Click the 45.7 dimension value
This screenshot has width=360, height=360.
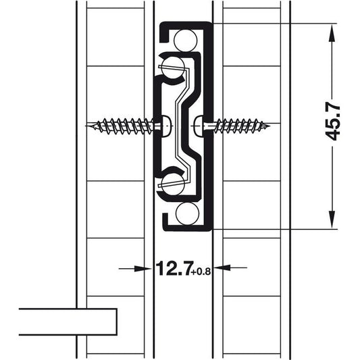click(332, 123)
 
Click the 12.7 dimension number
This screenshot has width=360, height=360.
click(173, 268)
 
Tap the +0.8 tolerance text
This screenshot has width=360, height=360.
click(201, 272)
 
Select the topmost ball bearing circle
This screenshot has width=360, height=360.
click(186, 41)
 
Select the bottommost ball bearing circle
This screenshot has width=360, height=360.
click(187, 213)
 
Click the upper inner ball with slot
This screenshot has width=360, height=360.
click(173, 69)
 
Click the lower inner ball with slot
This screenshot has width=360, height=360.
click(173, 184)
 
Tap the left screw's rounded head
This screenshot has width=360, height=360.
click(167, 126)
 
